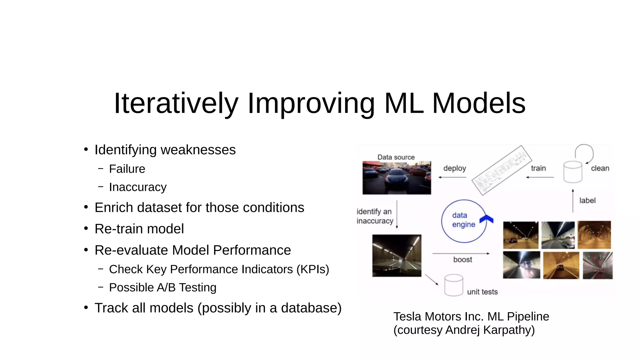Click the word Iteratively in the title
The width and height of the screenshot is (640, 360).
click(x=176, y=103)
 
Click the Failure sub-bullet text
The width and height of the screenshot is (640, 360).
click(x=127, y=169)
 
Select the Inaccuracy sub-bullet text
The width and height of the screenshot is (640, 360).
click(x=137, y=187)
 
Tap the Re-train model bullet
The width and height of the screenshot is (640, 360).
click(x=139, y=229)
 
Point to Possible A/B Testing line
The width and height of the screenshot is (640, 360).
click(x=162, y=287)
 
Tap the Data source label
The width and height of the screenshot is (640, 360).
click(x=396, y=157)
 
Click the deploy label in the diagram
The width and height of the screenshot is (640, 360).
click(x=454, y=168)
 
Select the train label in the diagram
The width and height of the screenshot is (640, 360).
click(x=538, y=168)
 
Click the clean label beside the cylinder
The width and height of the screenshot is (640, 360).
click(x=600, y=168)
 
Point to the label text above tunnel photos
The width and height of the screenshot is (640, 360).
click(x=587, y=200)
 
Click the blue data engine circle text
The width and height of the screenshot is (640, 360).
click(x=463, y=220)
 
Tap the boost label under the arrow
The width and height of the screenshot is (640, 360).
click(x=462, y=259)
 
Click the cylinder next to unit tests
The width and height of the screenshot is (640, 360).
click(x=453, y=285)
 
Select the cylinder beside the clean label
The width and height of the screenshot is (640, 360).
click(x=572, y=172)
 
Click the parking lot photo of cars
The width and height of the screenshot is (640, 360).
click(x=397, y=178)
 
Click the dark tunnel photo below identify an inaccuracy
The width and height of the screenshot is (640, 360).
click(x=397, y=256)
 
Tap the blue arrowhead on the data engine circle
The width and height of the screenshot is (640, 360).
click(x=487, y=219)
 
